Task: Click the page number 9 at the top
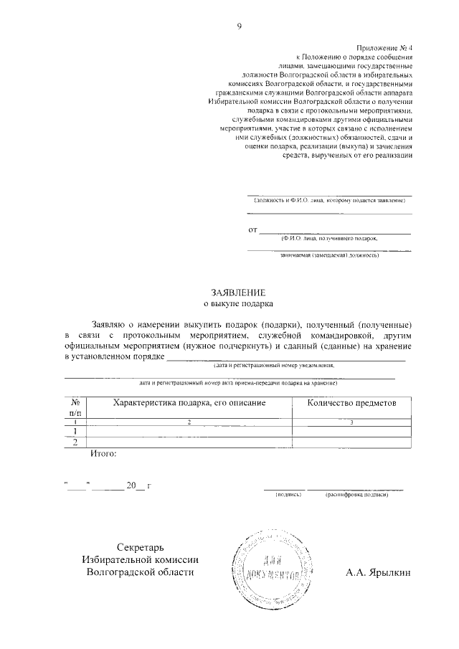tap(239, 27)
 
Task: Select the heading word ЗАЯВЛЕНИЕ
tap(238, 293)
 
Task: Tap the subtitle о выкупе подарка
tap(238, 304)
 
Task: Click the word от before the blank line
tap(252, 230)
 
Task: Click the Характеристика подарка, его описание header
tap(189, 403)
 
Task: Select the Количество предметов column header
tap(351, 403)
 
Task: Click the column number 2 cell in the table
tap(189, 422)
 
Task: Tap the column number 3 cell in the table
tap(351, 422)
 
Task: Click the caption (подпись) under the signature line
tap(288, 495)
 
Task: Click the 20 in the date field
tap(131, 485)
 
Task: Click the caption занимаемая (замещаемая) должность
tap(329, 255)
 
